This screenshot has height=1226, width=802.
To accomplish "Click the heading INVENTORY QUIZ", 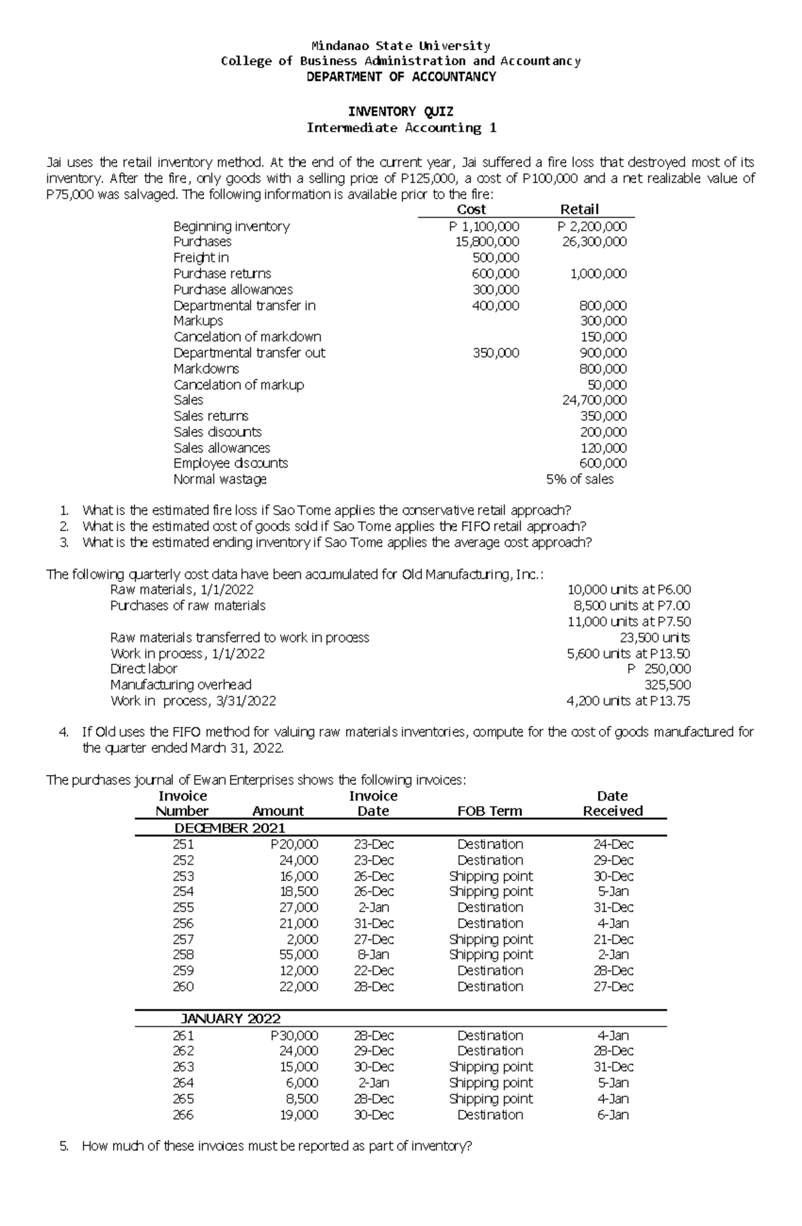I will [x=401, y=112].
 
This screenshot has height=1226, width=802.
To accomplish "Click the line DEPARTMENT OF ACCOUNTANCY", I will [x=401, y=77].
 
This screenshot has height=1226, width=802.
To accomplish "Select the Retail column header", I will [x=579, y=209].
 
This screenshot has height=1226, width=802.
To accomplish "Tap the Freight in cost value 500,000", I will [x=496, y=257].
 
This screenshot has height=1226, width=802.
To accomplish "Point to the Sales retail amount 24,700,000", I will [x=594, y=400].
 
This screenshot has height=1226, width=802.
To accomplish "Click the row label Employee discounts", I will [x=231, y=463].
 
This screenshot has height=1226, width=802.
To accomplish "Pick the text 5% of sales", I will [x=579, y=479].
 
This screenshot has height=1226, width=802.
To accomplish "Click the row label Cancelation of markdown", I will [x=247, y=337].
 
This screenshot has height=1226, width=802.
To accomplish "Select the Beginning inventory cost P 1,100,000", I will [x=484, y=226].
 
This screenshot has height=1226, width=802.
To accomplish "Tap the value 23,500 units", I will [x=655, y=637].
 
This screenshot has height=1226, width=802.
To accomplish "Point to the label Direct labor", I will [x=144, y=669].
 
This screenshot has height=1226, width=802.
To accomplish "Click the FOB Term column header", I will [x=489, y=811].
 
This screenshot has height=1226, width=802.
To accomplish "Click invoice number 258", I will [x=183, y=955].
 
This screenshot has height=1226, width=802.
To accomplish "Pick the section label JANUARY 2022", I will [x=231, y=1019].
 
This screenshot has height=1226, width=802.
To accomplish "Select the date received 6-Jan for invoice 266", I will [x=613, y=1114].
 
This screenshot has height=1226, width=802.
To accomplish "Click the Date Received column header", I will [x=612, y=804].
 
